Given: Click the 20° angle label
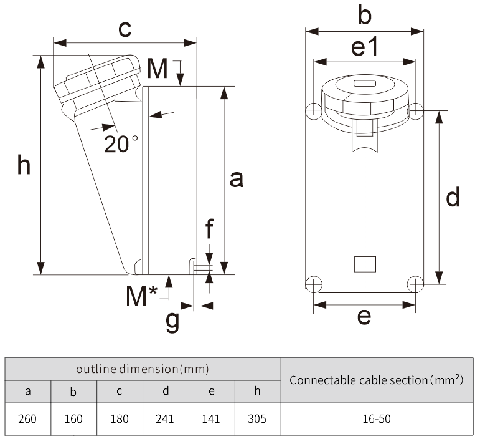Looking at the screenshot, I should pyautogui.click(x=121, y=143).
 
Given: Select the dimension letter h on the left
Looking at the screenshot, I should pyautogui.click(x=24, y=166).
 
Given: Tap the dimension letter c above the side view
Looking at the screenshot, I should pyautogui.click(x=125, y=28).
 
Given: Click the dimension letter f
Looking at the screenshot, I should pyautogui.click(x=210, y=231).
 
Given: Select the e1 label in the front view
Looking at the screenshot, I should pyautogui.click(x=364, y=48).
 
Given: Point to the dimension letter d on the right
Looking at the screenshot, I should pyautogui.click(x=453, y=197).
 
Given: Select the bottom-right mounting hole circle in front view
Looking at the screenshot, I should pyautogui.click(x=415, y=284).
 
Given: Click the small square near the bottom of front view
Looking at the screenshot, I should pyautogui.click(x=364, y=264).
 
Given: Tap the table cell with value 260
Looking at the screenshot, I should pyautogui.click(x=28, y=418).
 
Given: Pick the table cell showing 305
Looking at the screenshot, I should pyautogui.click(x=257, y=418).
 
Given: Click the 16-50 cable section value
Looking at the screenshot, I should pyautogui.click(x=377, y=418).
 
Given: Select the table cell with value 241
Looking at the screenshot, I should pyautogui.click(x=166, y=418).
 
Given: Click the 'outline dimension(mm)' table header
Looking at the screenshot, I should pyautogui.click(x=143, y=369).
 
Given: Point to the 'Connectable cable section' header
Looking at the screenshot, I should pyautogui.click(x=377, y=380).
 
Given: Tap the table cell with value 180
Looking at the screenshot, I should pyautogui.click(x=120, y=418).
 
